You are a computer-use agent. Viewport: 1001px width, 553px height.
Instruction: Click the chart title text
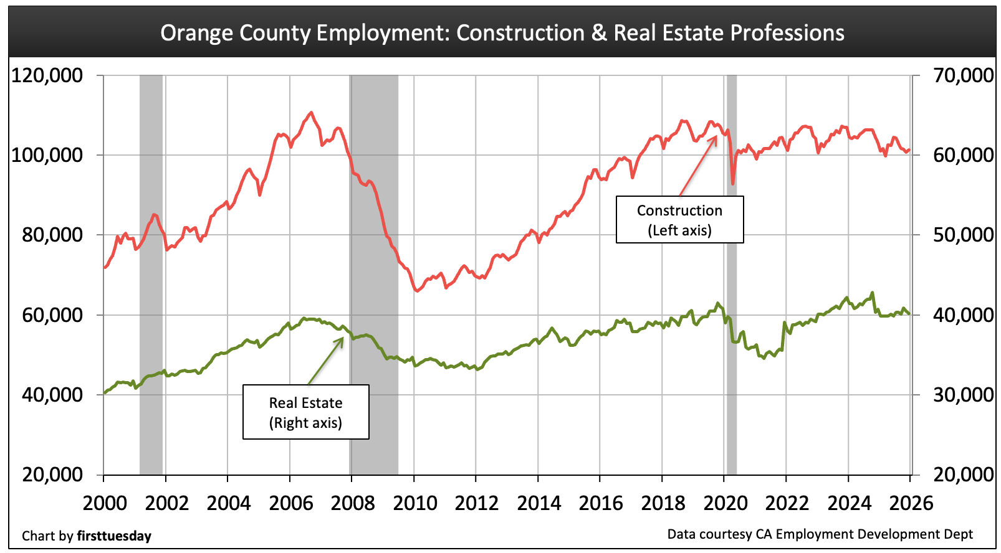coord(502,32)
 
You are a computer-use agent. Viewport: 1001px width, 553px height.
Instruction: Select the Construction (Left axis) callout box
coord(679,220)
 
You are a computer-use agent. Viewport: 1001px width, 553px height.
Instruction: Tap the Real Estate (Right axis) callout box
coord(305,412)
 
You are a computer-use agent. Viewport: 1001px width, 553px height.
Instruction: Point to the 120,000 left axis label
coord(47,75)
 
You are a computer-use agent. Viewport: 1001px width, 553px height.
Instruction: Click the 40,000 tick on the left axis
coord(47,395)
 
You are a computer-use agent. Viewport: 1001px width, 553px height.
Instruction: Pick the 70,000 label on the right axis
coord(963,75)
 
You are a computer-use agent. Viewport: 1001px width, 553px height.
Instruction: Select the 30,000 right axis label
coord(963,395)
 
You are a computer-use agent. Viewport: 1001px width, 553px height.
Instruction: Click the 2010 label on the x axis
coord(414,503)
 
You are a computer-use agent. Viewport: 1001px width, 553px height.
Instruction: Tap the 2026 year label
coord(911,503)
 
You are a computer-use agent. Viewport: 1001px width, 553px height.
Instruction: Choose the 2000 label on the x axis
coord(105,503)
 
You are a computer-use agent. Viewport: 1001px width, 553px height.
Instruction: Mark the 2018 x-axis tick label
coord(663,503)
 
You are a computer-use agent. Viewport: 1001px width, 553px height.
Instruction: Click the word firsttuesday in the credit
coord(114,536)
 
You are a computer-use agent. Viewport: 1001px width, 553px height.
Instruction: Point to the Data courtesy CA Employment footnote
coord(820,534)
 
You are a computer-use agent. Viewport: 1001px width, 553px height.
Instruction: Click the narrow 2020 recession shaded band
coord(732,274)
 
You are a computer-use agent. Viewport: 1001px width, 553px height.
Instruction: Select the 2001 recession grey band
coord(151,274)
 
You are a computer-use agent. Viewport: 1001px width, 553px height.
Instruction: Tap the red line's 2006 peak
coord(311,113)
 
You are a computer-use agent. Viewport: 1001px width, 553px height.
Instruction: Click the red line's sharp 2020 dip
coord(733,183)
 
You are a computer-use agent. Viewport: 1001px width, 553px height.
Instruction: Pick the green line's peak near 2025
coord(872,293)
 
